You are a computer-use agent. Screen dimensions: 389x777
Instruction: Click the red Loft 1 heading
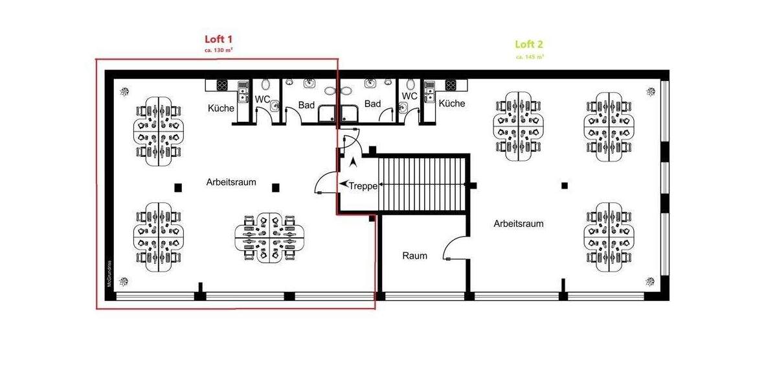[218, 38]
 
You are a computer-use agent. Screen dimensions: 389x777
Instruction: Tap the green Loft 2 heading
[529, 44]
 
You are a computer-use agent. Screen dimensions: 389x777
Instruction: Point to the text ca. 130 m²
[218, 50]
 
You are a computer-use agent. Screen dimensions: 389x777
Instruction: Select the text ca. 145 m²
[530, 56]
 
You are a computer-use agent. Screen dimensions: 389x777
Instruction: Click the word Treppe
[363, 186]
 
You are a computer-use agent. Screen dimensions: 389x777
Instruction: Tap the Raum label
[414, 255]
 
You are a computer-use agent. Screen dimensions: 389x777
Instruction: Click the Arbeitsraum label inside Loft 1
[231, 182]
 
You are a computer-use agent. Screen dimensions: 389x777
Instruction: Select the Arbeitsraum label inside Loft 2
[518, 224]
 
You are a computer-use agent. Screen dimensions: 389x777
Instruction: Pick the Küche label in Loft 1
[221, 108]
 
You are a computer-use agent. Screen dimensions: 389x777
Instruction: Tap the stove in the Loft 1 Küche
[223, 85]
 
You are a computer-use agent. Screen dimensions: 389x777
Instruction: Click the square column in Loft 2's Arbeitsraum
[565, 185]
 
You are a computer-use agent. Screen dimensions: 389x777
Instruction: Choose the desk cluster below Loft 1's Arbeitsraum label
[265, 238]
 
